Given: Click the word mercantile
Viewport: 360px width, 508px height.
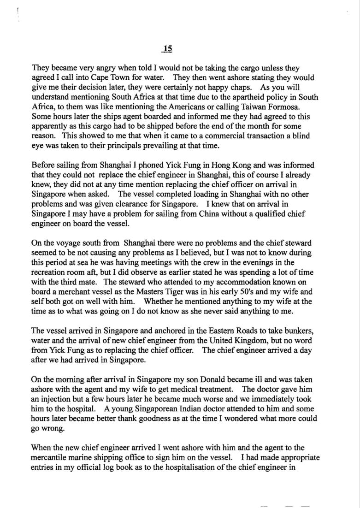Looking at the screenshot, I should pyautogui.click(x=49, y=457).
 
